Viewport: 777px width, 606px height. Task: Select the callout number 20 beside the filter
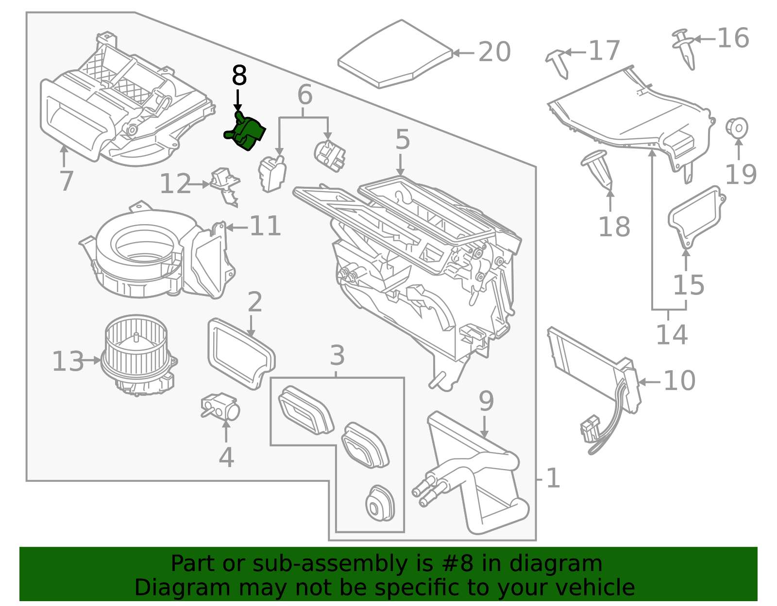coord(494,52)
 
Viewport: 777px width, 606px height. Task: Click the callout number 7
coord(66,180)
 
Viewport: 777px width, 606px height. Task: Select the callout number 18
coord(614,227)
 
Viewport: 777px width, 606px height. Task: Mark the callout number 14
coord(672,335)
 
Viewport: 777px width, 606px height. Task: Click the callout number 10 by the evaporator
coord(679,380)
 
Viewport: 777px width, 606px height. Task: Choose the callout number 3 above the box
coord(337,356)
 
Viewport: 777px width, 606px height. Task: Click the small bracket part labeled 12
coord(225,184)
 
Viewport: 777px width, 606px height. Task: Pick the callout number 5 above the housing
coord(403,140)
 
